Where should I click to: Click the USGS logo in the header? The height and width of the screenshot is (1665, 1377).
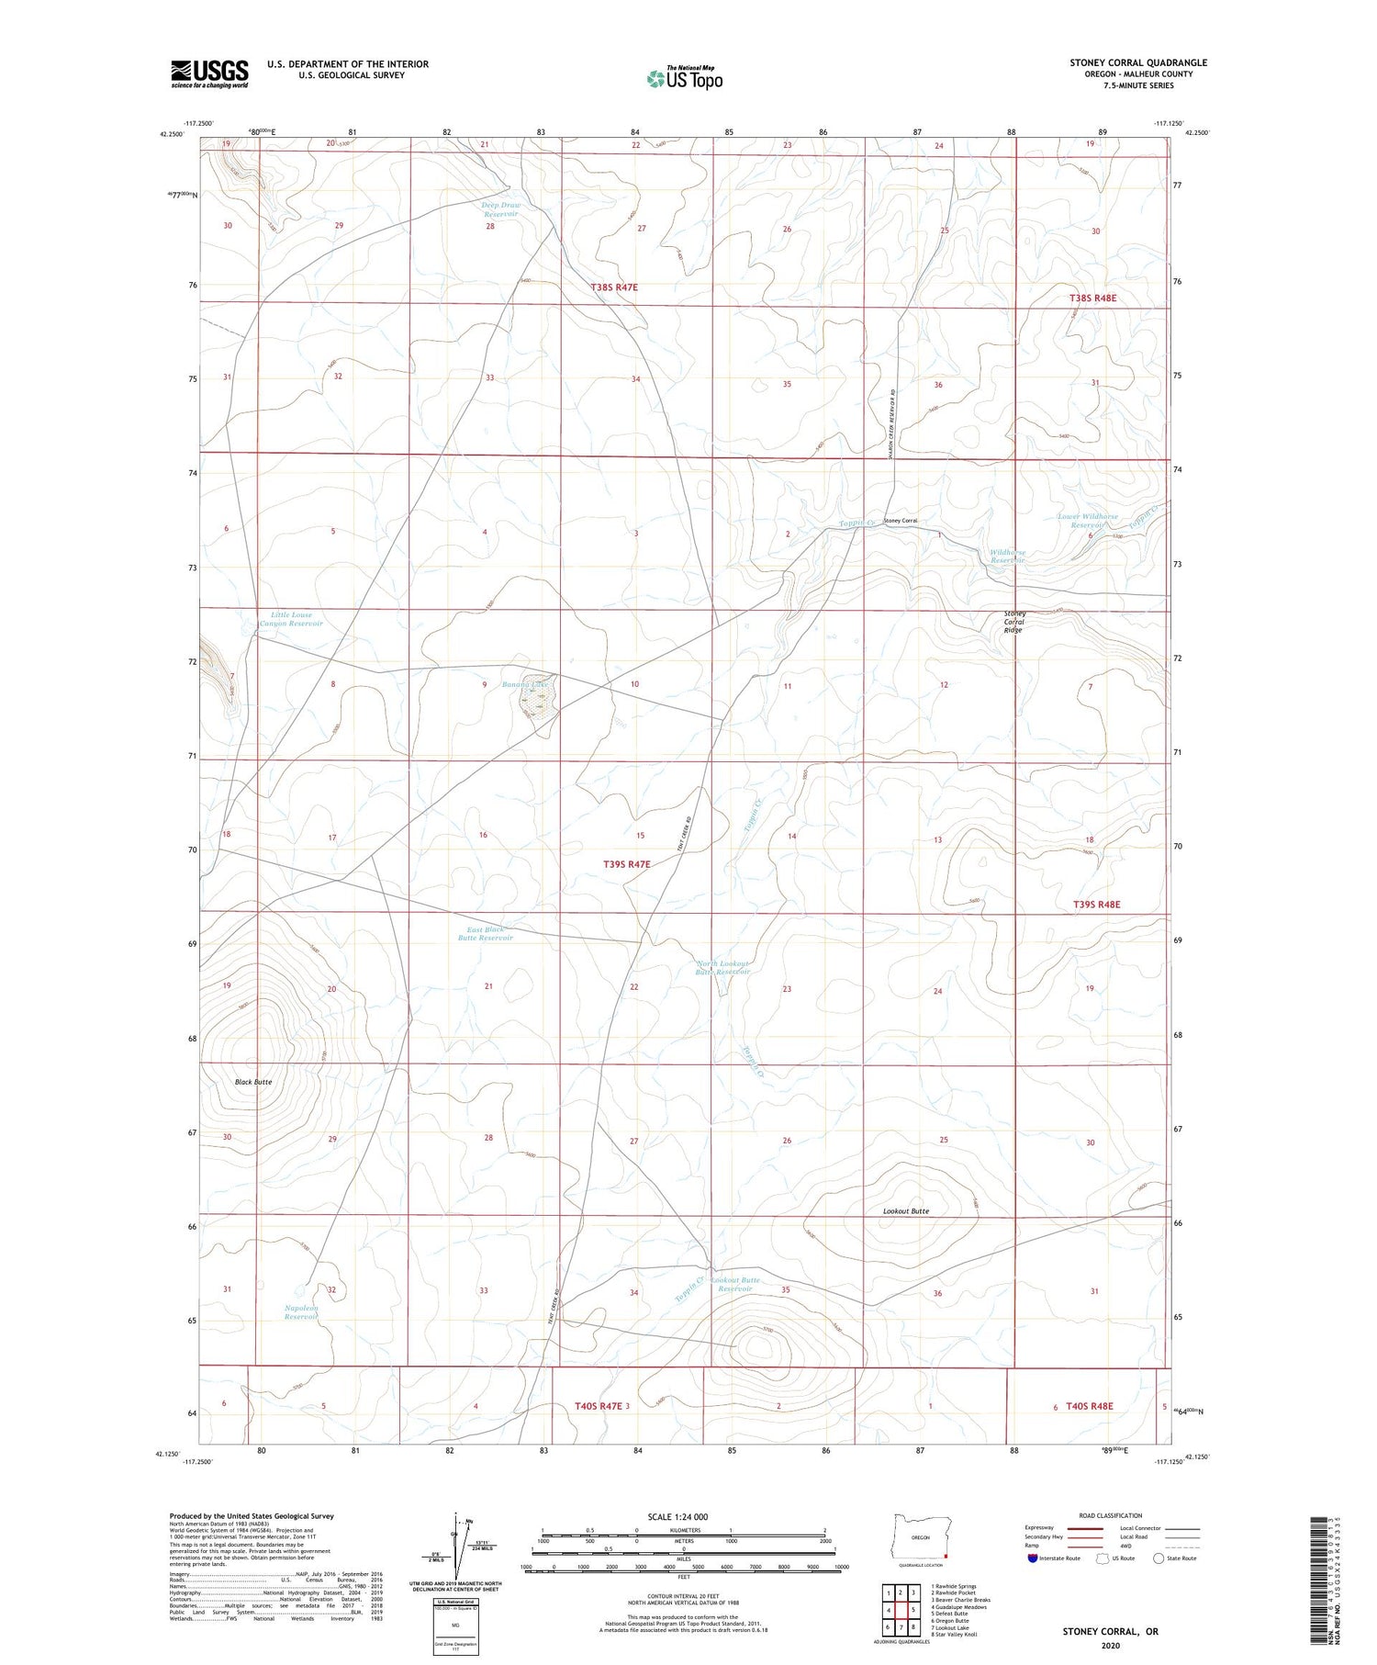point(209,73)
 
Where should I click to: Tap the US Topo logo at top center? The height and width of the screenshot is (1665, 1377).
point(684,78)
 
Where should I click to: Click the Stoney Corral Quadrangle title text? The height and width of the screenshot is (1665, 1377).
point(1137,63)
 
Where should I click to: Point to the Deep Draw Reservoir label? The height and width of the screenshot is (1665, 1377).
point(500,209)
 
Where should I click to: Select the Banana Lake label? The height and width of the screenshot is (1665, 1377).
point(525,684)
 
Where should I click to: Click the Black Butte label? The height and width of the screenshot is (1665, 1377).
point(252,1082)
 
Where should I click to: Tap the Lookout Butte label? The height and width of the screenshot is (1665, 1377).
point(906,1211)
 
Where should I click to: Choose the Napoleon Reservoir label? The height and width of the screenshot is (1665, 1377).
point(300,1311)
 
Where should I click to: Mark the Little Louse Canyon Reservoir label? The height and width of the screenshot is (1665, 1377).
point(291,620)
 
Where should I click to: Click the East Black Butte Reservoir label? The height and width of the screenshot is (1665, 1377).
point(484,934)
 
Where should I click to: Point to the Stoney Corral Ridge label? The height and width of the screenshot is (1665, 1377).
point(1013,622)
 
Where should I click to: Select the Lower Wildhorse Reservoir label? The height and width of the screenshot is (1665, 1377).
point(1087,521)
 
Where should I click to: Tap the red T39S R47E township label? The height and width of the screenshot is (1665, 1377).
point(627,864)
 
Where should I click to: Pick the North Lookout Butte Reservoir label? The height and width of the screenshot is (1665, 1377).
point(722,967)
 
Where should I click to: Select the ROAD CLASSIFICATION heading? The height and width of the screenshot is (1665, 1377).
point(1110,1515)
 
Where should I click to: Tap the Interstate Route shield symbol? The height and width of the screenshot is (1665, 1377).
point(1033,1558)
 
